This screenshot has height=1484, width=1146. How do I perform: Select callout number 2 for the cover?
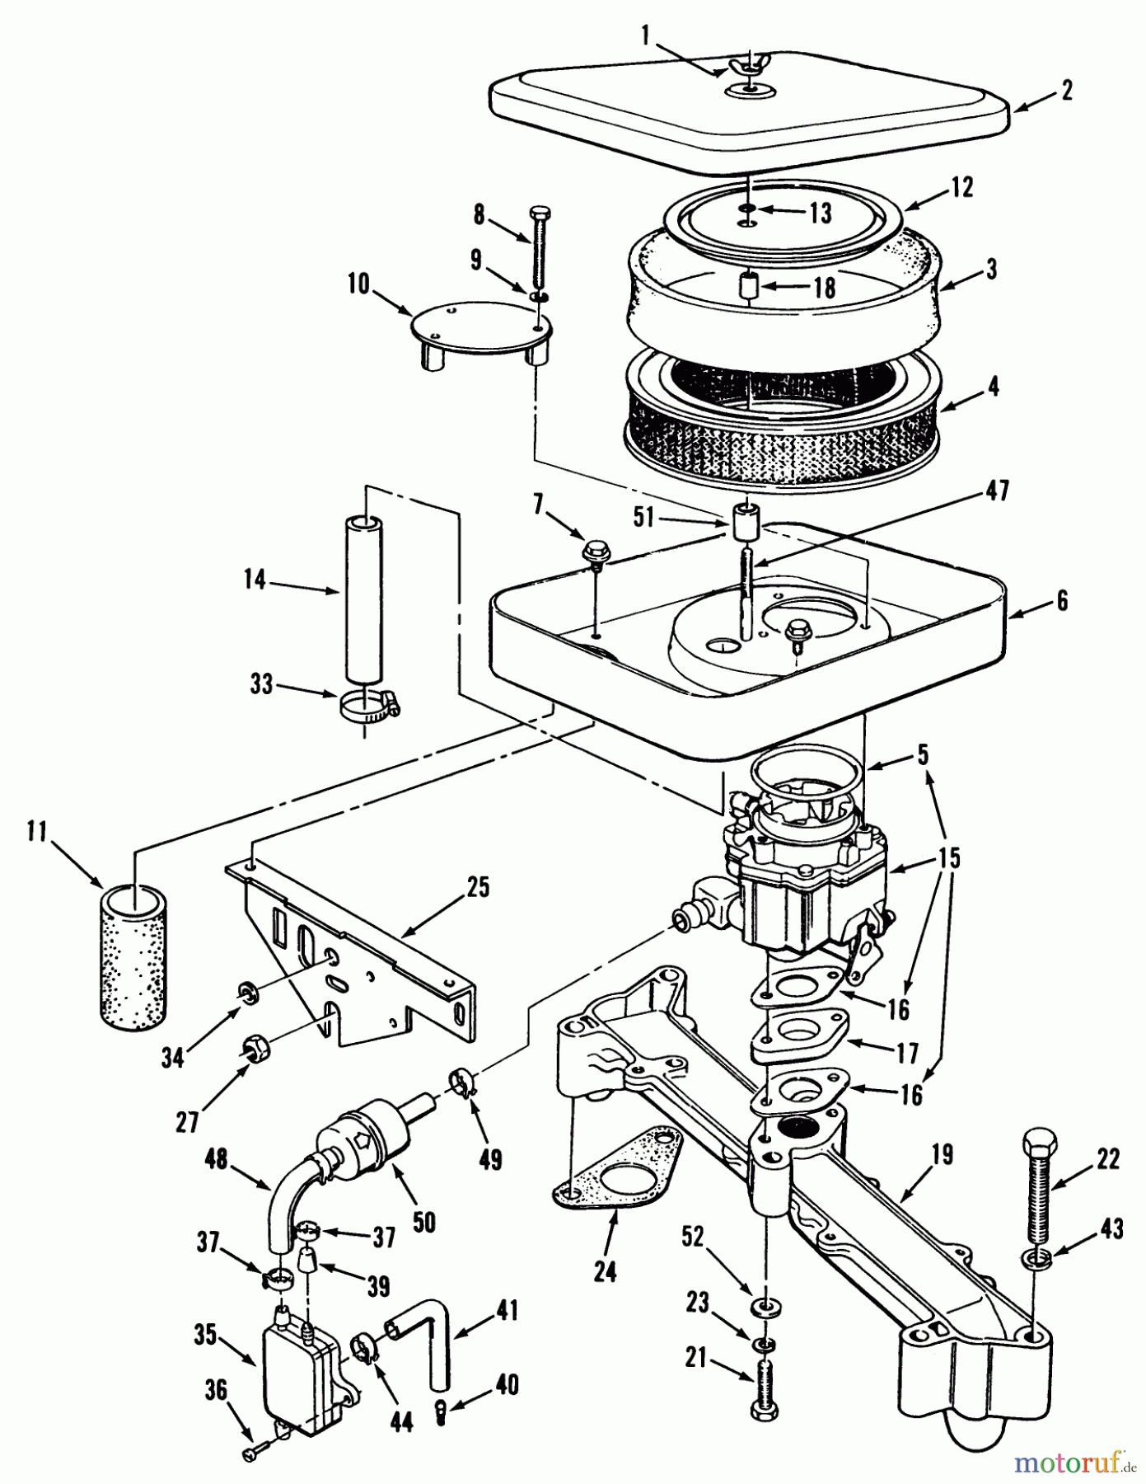point(1067,89)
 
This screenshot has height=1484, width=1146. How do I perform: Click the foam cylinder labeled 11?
point(132,956)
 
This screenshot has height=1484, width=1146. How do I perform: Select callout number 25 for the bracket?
point(477,887)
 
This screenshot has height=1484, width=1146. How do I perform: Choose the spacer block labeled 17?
point(798,1041)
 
